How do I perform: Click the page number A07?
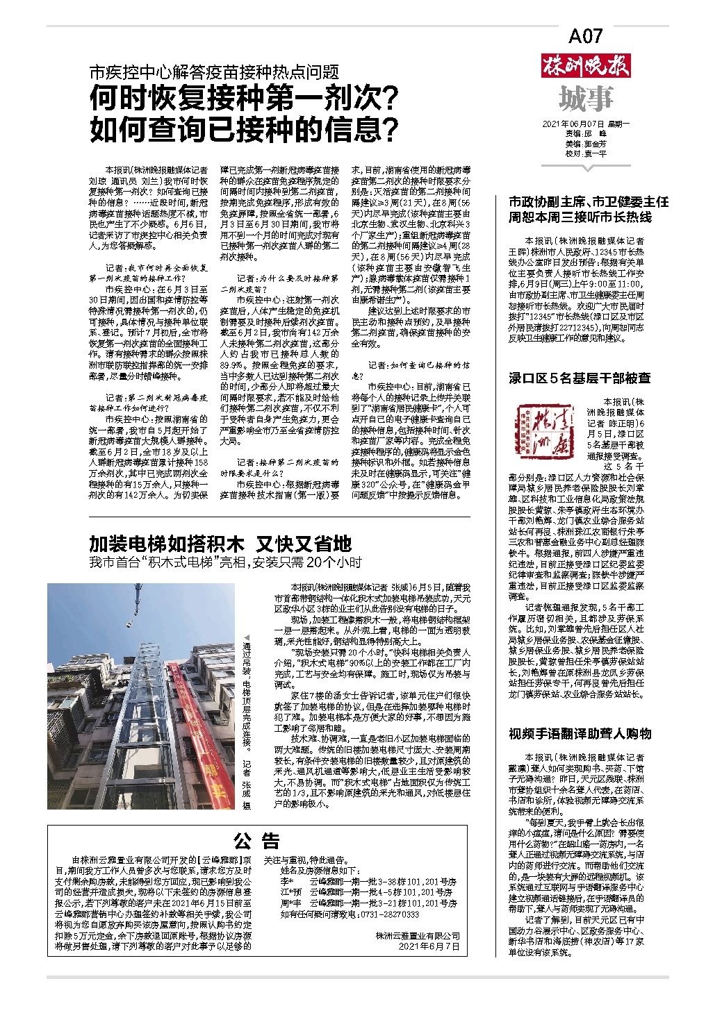click(x=585, y=37)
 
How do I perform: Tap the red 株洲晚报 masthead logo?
click(x=585, y=68)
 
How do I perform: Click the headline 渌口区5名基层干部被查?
click(x=580, y=378)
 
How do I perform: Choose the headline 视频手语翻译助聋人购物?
click(x=580, y=734)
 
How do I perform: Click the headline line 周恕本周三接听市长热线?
click(x=580, y=217)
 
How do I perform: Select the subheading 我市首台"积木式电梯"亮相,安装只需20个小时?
click(x=226, y=562)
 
